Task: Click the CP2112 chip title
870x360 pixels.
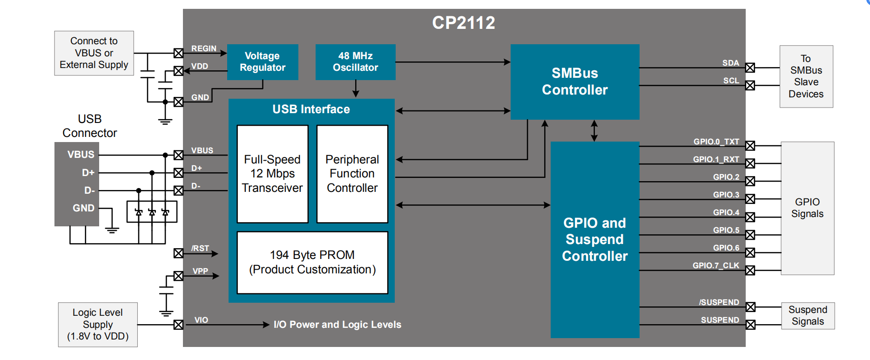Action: (463, 23)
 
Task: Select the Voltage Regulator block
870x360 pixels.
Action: (263, 62)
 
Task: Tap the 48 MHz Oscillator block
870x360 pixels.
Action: (355, 62)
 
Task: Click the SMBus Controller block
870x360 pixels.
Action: (575, 82)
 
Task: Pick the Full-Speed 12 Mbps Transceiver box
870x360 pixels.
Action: (272, 174)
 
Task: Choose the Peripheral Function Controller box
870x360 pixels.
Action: (352, 174)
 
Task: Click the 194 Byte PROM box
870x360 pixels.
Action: (312, 262)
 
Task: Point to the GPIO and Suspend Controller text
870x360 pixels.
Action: (594, 239)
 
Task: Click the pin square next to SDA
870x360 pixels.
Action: (750, 68)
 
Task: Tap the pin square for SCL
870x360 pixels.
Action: (750, 86)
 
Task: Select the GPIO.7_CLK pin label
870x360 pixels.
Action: (715, 265)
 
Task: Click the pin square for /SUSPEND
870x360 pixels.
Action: (750, 307)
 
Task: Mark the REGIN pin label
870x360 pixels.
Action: (203, 48)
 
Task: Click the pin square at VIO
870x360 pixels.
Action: (178, 325)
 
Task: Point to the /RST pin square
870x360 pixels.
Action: (178, 253)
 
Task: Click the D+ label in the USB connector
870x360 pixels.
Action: (88, 173)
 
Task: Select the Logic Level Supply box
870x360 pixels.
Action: (98, 325)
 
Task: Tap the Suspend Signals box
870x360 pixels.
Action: (808, 316)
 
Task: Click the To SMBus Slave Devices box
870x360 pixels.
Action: (806, 76)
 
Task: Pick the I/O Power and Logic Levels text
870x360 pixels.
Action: (337, 325)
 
